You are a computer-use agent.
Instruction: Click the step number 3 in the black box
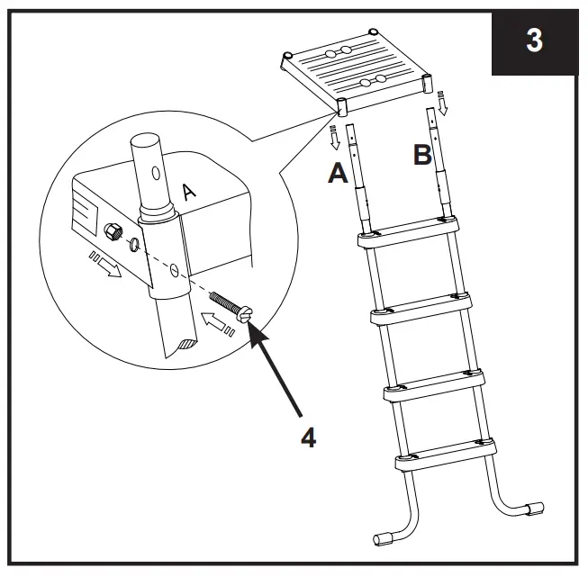click(535, 41)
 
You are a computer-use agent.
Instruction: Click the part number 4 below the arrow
click(307, 437)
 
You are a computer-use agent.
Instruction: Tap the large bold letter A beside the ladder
click(338, 174)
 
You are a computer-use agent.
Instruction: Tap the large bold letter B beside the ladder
click(422, 156)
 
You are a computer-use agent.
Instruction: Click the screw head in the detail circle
click(243, 314)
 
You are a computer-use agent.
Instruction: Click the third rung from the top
click(435, 387)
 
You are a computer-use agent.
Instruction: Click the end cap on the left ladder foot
click(385, 539)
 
